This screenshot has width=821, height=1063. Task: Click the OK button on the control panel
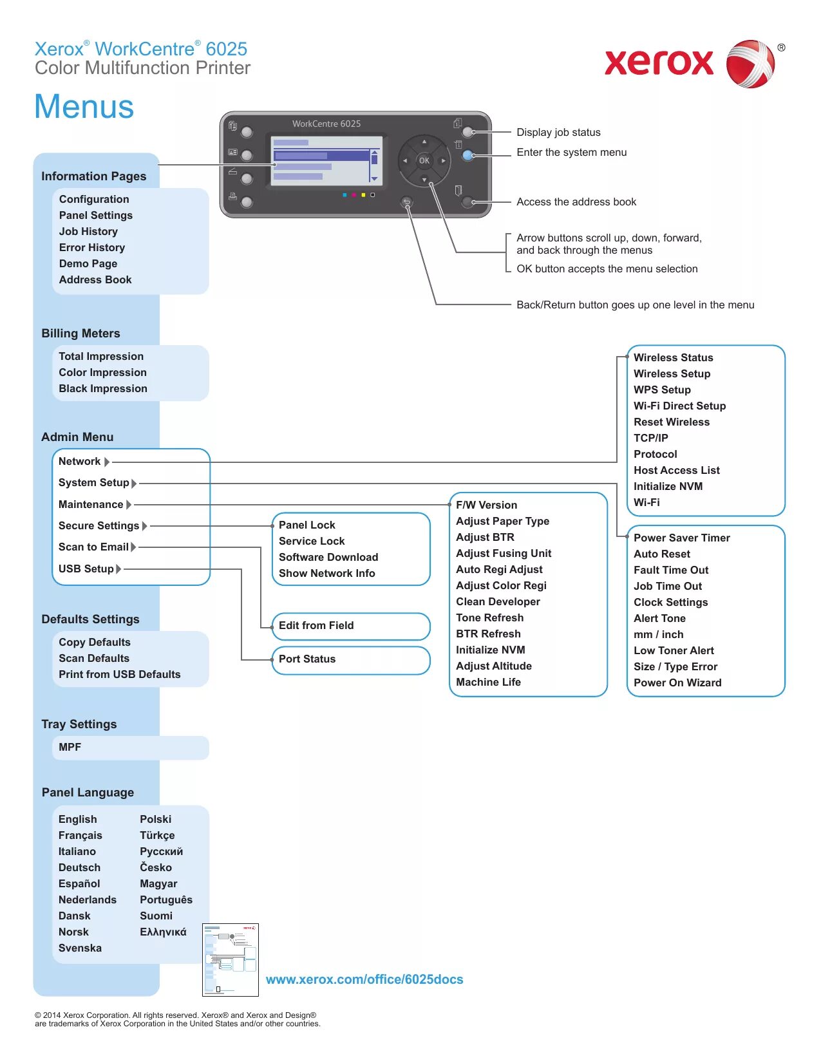pyautogui.click(x=424, y=160)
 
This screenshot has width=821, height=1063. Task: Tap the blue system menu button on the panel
pyautogui.click(x=468, y=155)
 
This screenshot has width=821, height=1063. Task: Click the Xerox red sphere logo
pyautogui.click(x=750, y=64)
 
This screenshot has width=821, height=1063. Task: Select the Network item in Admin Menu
pyautogui.click(x=79, y=462)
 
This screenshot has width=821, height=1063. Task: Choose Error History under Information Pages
pyautogui.click(x=92, y=248)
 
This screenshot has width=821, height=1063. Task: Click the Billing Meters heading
pyautogui.click(x=80, y=334)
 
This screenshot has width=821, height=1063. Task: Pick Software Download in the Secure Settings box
pyautogui.click(x=328, y=558)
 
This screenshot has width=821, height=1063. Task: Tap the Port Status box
pyautogui.click(x=350, y=659)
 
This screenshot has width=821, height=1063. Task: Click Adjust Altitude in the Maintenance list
pyautogui.click(x=494, y=666)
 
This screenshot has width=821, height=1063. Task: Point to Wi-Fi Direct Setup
pyautogui.click(x=679, y=406)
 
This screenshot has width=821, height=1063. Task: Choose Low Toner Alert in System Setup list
pyautogui.click(x=674, y=651)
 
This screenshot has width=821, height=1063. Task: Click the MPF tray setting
pyautogui.click(x=70, y=748)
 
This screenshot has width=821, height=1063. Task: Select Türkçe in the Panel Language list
pyautogui.click(x=157, y=836)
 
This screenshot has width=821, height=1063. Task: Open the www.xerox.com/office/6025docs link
pyautogui.click(x=364, y=980)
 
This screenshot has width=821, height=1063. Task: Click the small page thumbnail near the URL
pyautogui.click(x=231, y=959)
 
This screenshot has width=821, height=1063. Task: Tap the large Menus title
pyautogui.click(x=84, y=107)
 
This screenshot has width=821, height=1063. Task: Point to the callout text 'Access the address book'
pyautogui.click(x=576, y=202)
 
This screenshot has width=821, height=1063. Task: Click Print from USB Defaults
pyautogui.click(x=120, y=675)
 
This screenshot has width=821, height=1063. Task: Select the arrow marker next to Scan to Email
pyautogui.click(x=134, y=547)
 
